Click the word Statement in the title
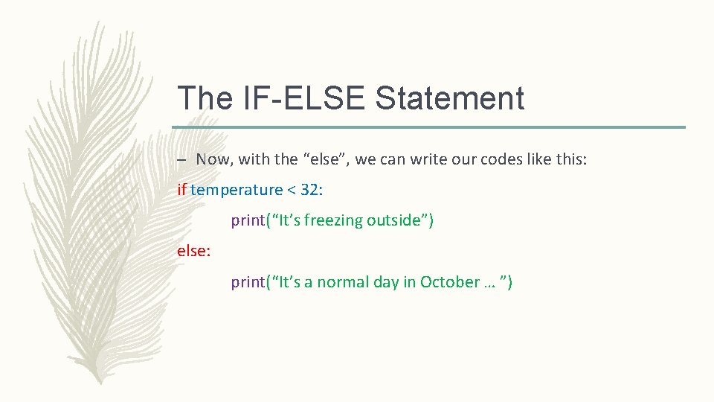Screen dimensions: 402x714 point(450,98)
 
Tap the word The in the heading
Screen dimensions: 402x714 point(205,98)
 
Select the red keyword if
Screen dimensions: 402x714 point(181,190)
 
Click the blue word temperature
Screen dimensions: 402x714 point(237,190)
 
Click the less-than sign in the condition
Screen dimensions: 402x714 point(292,191)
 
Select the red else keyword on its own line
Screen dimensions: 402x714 point(193,252)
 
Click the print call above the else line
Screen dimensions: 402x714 point(248,221)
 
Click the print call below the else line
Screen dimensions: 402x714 point(248,283)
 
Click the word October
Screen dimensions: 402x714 point(450,282)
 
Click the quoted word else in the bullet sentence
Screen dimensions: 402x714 point(324,159)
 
